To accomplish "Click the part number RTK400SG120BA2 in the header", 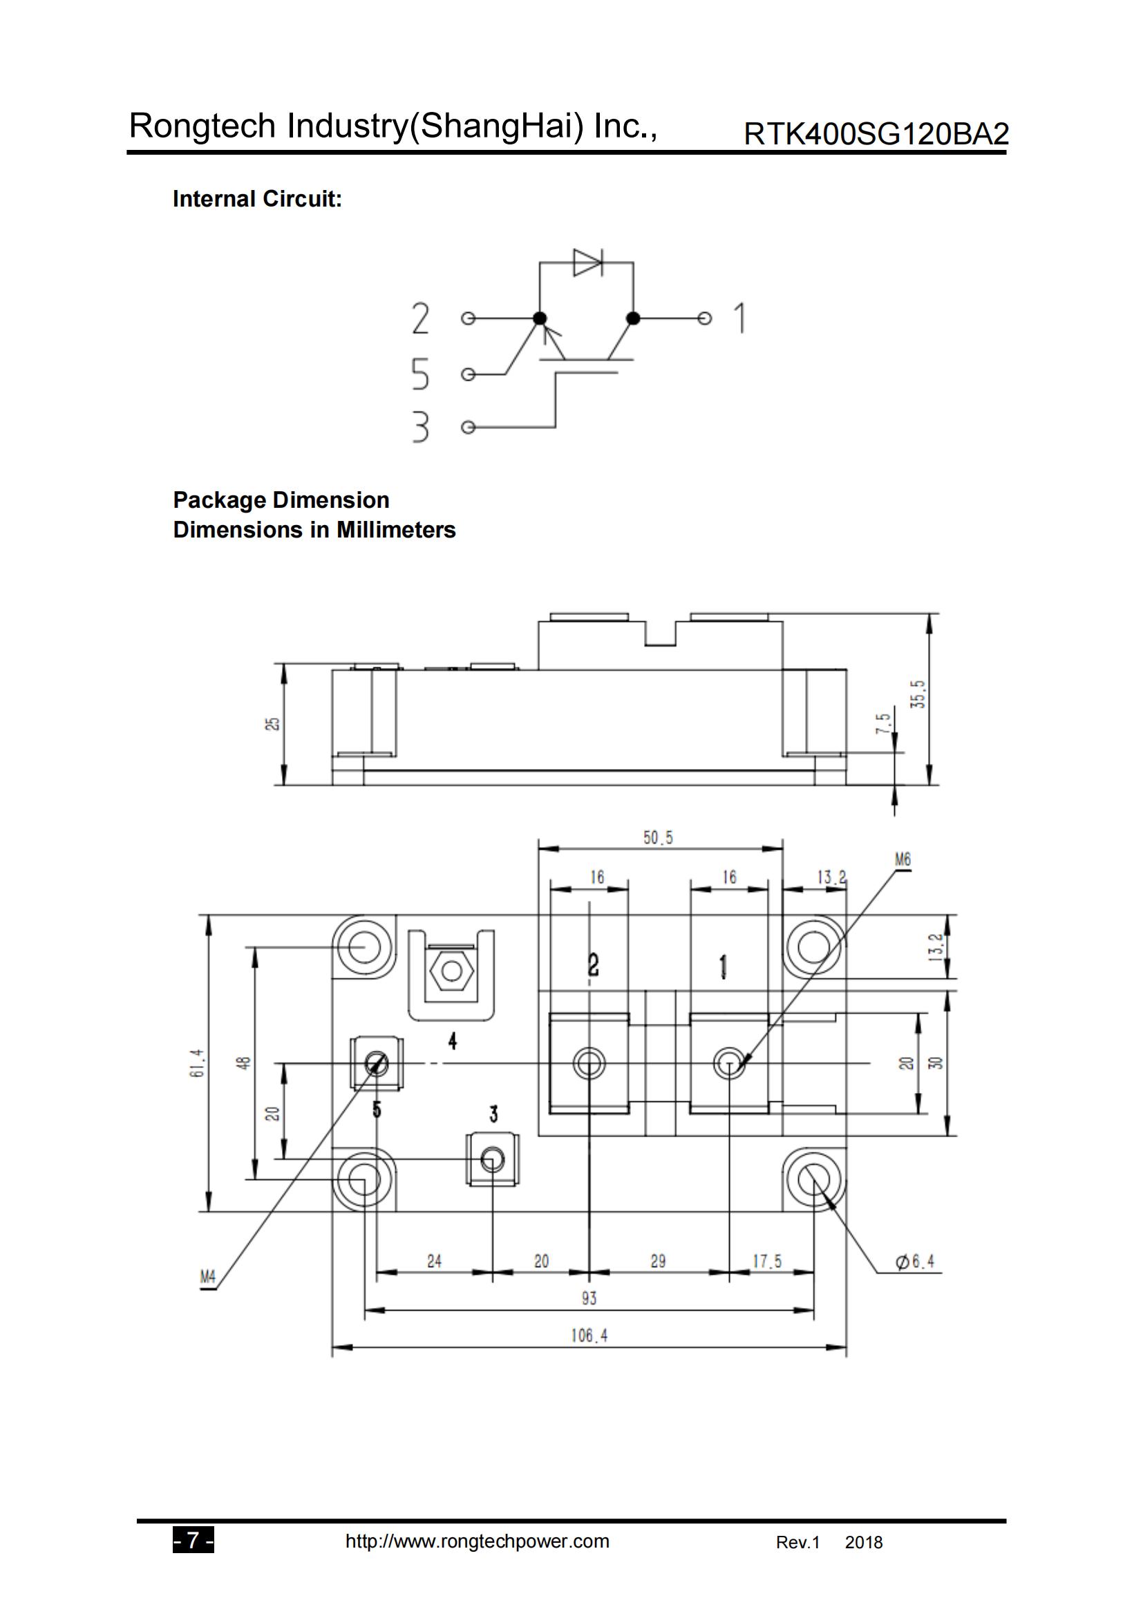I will [x=876, y=134].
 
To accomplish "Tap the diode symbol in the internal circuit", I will [x=587, y=263].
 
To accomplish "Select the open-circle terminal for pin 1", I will [x=704, y=319].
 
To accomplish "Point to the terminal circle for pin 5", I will [x=468, y=374].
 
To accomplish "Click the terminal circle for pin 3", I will [x=468, y=427].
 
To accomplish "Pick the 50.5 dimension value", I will [x=658, y=837].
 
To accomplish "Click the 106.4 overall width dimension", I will [x=589, y=1335].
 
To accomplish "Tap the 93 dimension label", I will [x=589, y=1298].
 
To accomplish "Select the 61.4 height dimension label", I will [x=198, y=1063].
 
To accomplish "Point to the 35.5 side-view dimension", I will [x=918, y=694].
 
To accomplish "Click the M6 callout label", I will [x=903, y=859].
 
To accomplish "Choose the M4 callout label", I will [x=207, y=1277].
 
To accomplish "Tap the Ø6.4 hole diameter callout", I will [x=916, y=1262].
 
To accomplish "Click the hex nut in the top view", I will [x=451, y=971].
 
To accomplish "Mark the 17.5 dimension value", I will [x=766, y=1261].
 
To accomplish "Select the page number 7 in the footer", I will [x=193, y=1541].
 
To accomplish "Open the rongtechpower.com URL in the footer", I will [x=477, y=1541].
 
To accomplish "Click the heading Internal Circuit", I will [x=257, y=199].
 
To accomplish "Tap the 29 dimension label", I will [x=658, y=1261].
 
